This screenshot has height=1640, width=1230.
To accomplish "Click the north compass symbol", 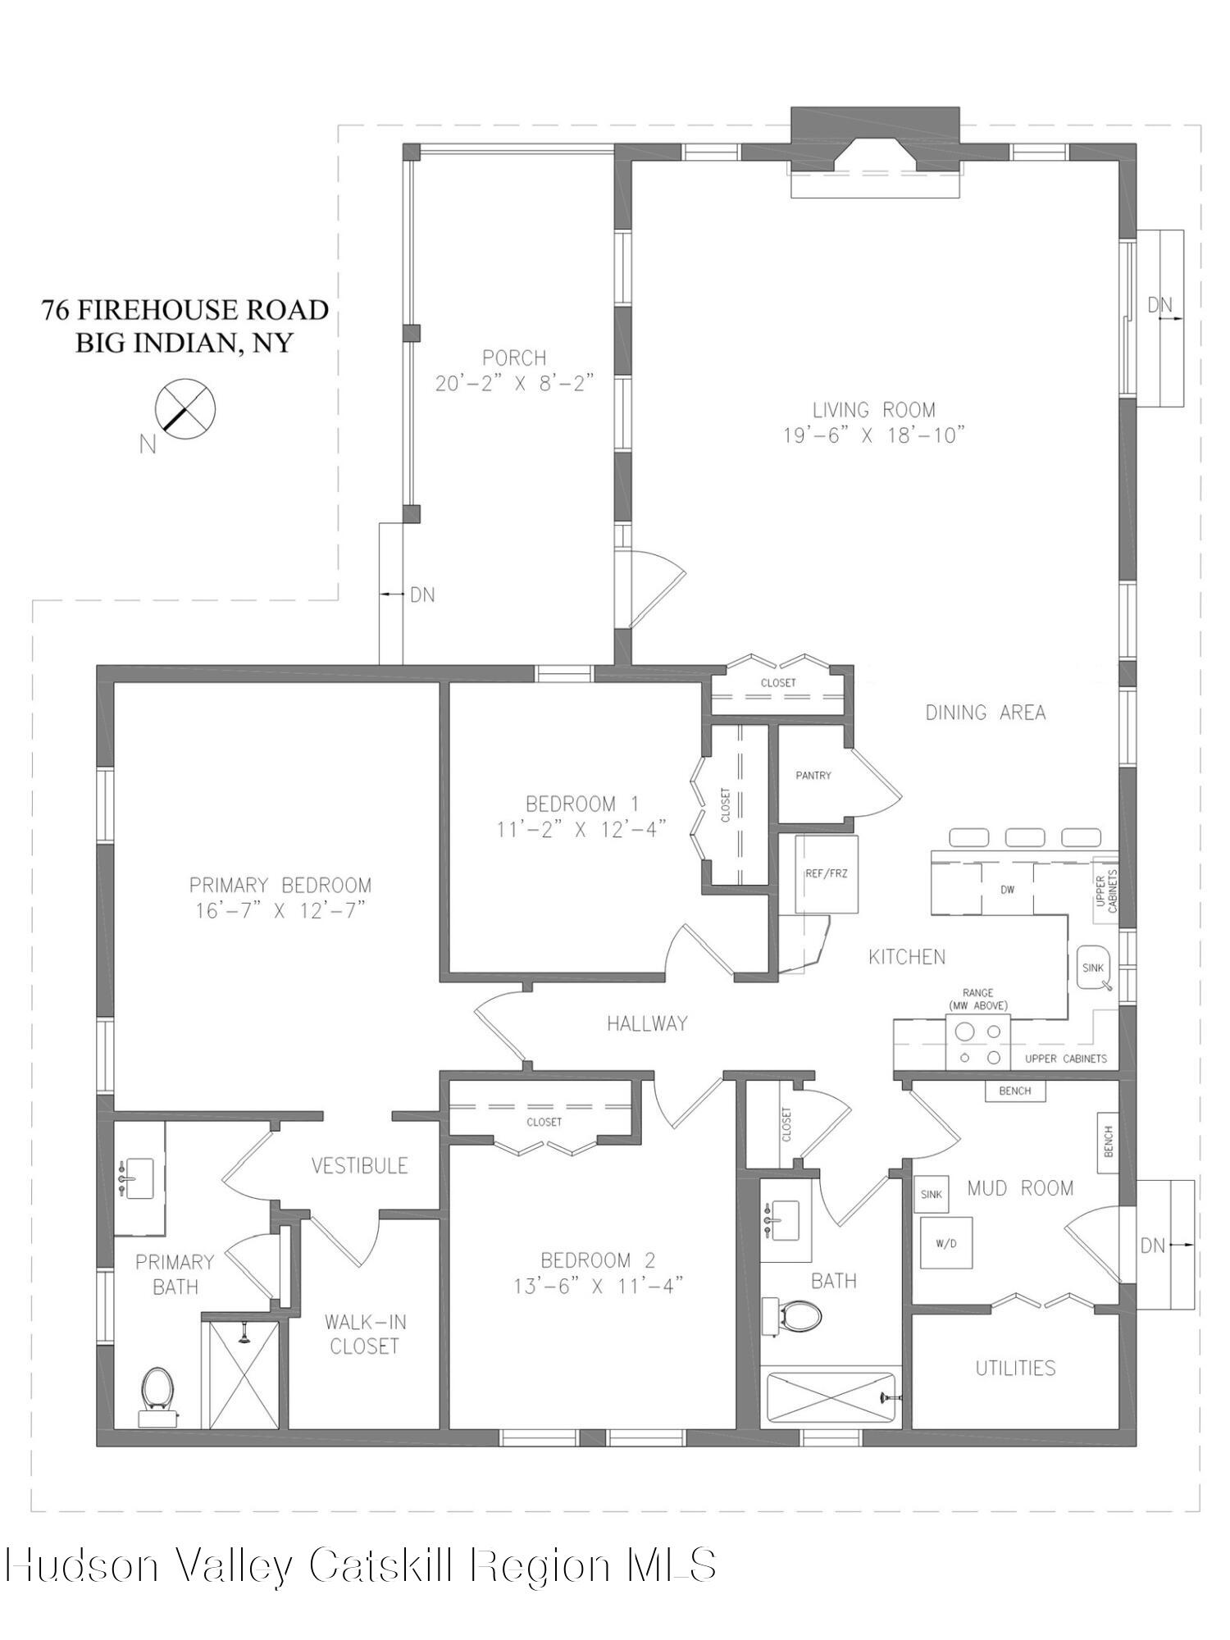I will (185, 408).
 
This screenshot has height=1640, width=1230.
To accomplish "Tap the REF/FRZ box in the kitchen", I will (826, 874).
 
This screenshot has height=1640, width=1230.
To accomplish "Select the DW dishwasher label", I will (1007, 889).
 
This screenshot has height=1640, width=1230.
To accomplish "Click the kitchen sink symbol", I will (1094, 968).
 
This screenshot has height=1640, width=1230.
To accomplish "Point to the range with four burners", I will (978, 1042).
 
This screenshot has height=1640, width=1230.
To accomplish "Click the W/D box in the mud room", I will (945, 1243).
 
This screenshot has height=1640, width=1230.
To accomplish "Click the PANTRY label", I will (813, 775).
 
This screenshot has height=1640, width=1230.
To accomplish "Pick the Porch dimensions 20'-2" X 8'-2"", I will (513, 383).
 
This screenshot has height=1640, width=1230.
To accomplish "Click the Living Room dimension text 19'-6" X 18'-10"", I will (873, 435).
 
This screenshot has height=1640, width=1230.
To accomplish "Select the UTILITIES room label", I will (1015, 1367).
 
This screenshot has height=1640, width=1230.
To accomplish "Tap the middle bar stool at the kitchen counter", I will (1024, 837).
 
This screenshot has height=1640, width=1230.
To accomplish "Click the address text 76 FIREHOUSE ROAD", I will (185, 310).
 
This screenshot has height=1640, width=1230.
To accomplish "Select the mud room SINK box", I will (931, 1194).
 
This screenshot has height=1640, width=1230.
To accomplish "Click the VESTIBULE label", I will (359, 1165).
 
